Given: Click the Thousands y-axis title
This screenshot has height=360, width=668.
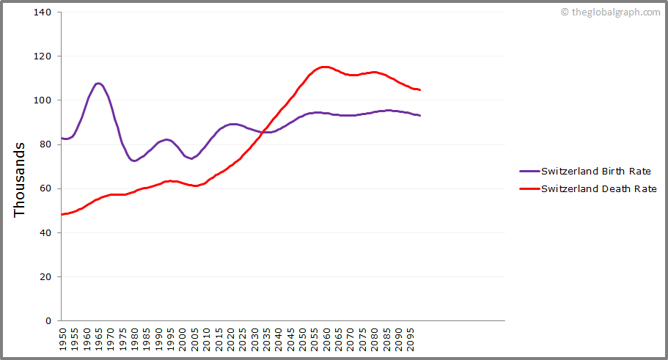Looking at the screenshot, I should [x=20, y=180].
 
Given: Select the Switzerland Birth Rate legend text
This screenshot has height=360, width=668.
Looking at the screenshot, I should [x=595, y=172].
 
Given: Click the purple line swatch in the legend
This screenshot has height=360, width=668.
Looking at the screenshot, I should [x=529, y=172].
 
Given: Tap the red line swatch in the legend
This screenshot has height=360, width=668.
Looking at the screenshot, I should [x=529, y=188].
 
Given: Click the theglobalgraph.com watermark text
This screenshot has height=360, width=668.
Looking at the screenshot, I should [x=614, y=12].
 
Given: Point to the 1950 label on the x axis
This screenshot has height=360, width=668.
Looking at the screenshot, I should [x=62, y=340].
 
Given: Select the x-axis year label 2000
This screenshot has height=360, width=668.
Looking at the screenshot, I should [x=182, y=340].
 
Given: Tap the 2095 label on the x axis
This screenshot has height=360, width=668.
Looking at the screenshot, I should [x=409, y=340].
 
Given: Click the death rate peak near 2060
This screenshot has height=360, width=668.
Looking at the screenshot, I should [x=325, y=67].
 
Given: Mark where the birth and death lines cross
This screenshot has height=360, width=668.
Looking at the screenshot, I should [x=265, y=131].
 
